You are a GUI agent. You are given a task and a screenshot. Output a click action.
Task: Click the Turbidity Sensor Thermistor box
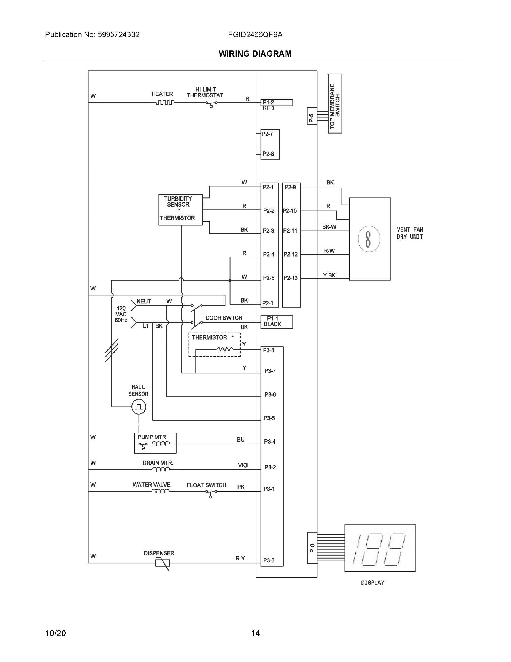pos(180,210)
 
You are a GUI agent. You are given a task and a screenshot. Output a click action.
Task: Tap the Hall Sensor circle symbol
pos(139,407)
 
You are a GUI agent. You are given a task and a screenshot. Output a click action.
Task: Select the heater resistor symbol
pos(165,103)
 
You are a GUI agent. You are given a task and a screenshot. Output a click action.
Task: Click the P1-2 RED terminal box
pos(276,103)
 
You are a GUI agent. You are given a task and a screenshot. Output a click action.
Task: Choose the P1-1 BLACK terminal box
pos(276,321)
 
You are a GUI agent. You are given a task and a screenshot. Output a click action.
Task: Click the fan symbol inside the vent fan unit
pos(368,239)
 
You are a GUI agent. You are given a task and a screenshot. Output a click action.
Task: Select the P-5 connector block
pos(312,116)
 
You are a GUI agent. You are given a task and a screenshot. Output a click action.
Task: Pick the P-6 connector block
pos(312,548)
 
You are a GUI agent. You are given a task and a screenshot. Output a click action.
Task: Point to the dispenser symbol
pos(163,563)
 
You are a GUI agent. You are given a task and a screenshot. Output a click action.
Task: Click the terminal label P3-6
pos(270,394)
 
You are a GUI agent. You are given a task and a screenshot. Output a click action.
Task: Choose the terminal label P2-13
pos(290,278)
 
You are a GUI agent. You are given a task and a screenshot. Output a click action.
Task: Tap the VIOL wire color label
pos(244,465)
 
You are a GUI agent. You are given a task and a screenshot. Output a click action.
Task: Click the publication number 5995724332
pos(118,34)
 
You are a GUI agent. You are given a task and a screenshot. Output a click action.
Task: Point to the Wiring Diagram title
pos(255,54)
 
